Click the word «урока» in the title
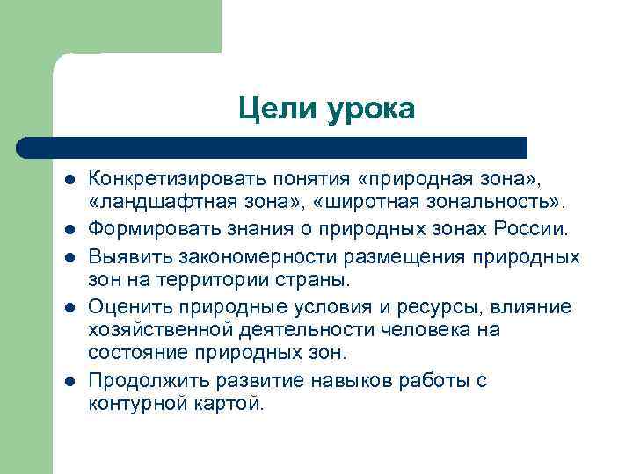click(372, 111)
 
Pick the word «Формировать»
click(145, 230)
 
